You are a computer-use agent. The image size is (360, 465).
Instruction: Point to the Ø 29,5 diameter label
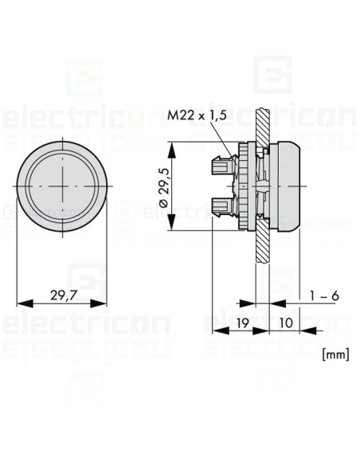(x=163, y=187)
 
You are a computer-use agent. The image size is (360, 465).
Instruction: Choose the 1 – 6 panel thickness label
(x=324, y=295)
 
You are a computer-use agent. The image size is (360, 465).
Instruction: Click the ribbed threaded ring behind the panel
(x=248, y=187)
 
